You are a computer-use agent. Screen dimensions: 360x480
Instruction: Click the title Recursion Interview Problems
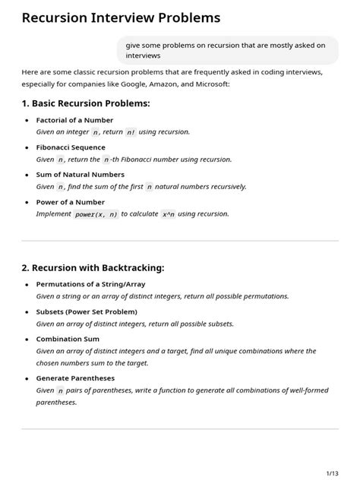pos(122,17)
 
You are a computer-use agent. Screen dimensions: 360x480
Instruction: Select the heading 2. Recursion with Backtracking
pos(93,267)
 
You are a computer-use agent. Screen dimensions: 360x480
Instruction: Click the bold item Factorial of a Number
pos(74,120)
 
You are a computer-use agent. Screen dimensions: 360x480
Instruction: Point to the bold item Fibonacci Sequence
pos(71,147)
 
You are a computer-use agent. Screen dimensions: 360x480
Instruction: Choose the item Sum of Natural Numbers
pos(80,175)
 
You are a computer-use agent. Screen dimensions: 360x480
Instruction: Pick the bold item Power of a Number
pos(71,202)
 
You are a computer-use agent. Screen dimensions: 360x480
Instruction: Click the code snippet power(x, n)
pos(96,214)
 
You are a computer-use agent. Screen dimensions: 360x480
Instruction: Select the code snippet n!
pos(131,132)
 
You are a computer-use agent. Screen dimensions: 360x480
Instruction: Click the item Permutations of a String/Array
pos(90,284)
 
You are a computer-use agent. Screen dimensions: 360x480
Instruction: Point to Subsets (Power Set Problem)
pos(87,311)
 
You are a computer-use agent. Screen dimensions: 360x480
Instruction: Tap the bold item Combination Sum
pos(68,339)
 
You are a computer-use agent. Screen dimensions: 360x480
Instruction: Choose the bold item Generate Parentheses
pos(76,377)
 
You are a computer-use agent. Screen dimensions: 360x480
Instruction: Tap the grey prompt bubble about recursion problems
pos(228,50)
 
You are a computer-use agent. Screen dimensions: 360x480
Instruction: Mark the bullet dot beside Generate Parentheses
pos(27,377)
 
